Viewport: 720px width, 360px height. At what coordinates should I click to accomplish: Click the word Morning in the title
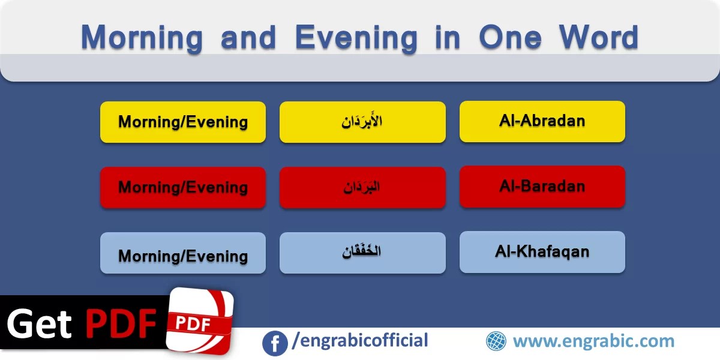click(142, 38)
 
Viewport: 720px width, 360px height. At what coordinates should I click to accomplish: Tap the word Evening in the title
click(356, 38)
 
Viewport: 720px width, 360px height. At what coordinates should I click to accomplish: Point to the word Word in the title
click(598, 38)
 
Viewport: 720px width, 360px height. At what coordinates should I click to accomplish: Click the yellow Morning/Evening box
click(183, 122)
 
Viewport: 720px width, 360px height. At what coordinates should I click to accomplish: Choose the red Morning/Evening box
click(183, 187)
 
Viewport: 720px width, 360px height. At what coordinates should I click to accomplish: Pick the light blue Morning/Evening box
click(183, 256)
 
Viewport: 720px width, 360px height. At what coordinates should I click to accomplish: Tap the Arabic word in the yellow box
click(362, 122)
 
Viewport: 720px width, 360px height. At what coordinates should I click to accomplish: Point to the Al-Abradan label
click(542, 121)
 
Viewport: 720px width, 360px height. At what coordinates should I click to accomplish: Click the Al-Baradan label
click(542, 187)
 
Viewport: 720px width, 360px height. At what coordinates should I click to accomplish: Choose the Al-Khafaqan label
click(542, 251)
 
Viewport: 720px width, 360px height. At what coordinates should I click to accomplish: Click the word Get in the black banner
click(40, 325)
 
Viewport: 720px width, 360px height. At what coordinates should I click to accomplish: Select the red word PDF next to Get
click(120, 325)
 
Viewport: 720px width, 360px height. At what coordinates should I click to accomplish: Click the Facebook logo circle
click(275, 343)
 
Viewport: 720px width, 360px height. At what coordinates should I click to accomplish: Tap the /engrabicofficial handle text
click(360, 341)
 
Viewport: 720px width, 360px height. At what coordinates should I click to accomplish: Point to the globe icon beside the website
click(496, 341)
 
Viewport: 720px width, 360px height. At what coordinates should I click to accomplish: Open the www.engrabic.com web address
click(593, 341)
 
